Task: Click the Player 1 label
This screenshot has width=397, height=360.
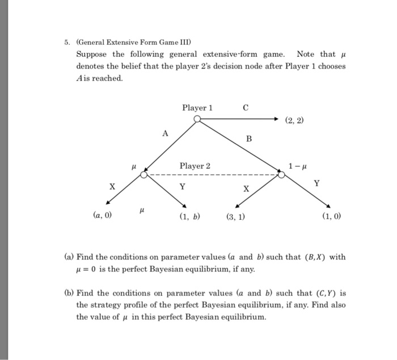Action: (x=197, y=108)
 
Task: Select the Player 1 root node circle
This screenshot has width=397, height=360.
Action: (x=197, y=119)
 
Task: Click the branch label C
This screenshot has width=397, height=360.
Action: (x=245, y=107)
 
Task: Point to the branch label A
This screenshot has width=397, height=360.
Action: (x=165, y=133)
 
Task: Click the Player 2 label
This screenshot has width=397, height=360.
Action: (x=195, y=166)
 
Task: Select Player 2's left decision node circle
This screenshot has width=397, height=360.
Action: (x=145, y=175)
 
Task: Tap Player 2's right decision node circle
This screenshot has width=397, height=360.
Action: (x=281, y=175)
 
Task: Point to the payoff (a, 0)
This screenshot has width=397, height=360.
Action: (x=102, y=216)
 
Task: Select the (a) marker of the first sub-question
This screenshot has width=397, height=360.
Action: (x=68, y=257)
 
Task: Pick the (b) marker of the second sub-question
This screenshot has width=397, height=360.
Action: (x=68, y=294)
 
